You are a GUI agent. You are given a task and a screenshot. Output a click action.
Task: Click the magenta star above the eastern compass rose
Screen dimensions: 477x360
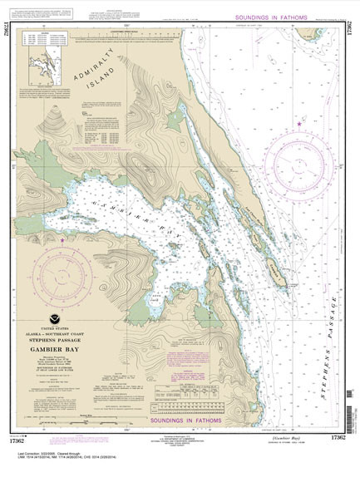pyautogui.click(x=299, y=124)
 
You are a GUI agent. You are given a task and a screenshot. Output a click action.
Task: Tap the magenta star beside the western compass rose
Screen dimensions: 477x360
pyautogui.click(x=63, y=240)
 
